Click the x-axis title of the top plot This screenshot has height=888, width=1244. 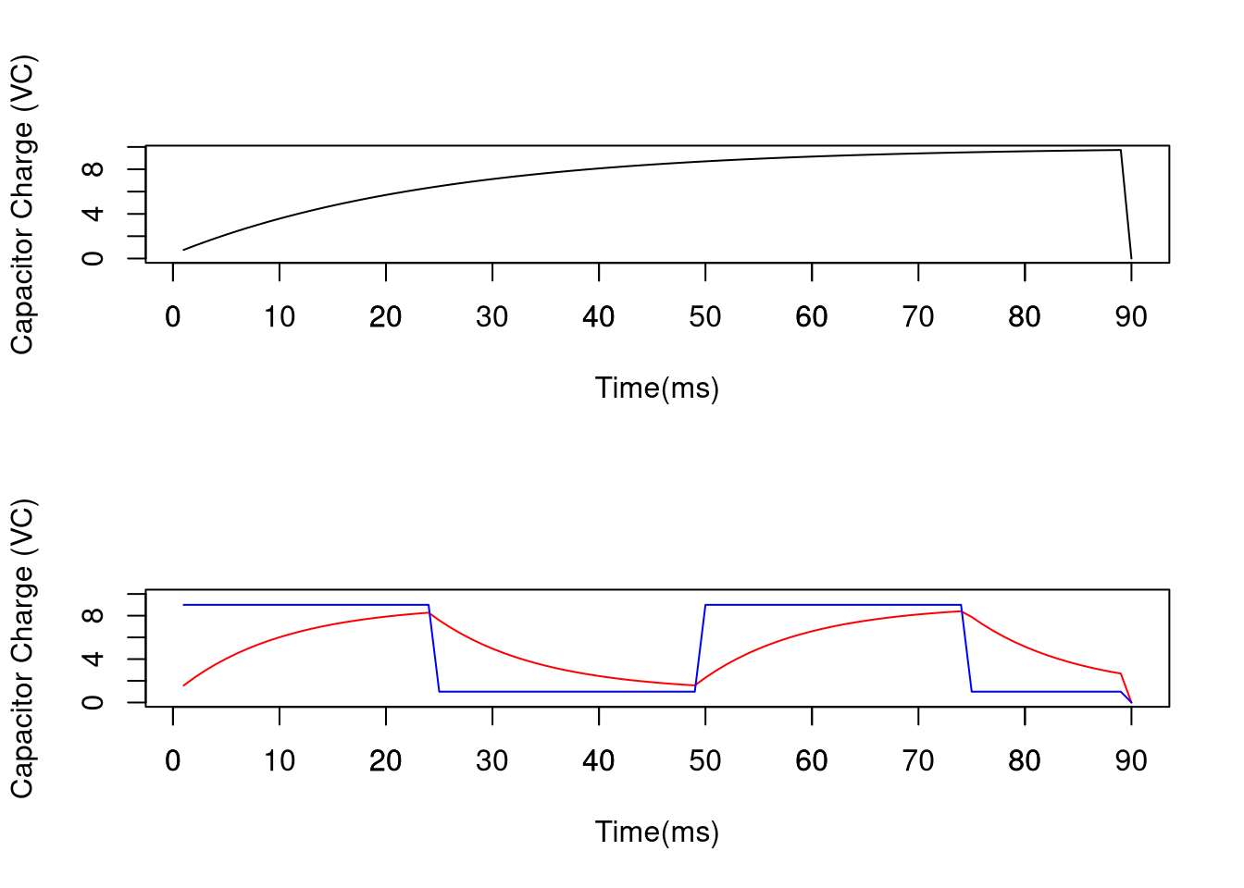[x=657, y=388]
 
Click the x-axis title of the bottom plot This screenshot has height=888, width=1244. [x=657, y=832]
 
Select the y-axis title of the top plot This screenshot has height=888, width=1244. [x=22, y=204]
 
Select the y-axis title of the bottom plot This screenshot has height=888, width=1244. [x=22, y=648]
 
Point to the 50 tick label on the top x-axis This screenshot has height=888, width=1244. [x=705, y=317]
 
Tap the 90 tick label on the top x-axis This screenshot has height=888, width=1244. [x=1131, y=317]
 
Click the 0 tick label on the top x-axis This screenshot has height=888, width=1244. [x=173, y=317]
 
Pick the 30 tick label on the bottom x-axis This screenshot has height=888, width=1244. [x=492, y=761]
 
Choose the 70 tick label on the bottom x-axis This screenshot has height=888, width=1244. [x=918, y=761]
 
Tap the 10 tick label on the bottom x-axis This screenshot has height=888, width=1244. [x=280, y=761]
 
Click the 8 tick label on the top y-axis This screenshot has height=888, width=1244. [x=93, y=169]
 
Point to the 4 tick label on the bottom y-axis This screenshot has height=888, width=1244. [x=93, y=659]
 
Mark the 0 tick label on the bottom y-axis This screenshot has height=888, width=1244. [x=93, y=702]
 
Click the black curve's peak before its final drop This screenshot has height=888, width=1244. [x=1120, y=150]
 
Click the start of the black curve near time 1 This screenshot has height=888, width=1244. [x=184, y=250]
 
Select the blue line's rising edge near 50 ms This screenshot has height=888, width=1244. [x=700, y=647]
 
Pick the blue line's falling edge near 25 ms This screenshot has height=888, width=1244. [x=434, y=647]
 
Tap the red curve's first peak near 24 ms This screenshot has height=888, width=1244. [x=429, y=612]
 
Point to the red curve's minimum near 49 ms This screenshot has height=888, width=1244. [x=694, y=685]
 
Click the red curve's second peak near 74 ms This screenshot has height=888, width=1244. [x=961, y=611]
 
